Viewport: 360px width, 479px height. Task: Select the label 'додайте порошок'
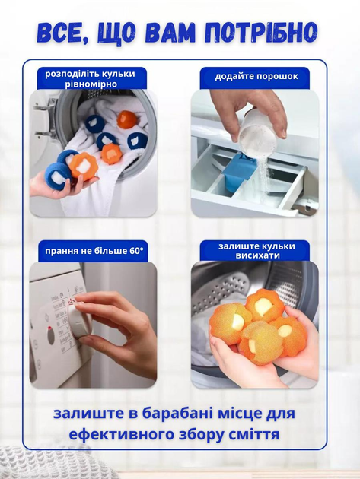pyautogui.click(x=256, y=76)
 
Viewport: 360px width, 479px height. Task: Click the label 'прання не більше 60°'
pyautogui.click(x=94, y=251)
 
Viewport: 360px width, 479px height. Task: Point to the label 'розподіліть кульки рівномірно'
pyautogui.click(x=91, y=79)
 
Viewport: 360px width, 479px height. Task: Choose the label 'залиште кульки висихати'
pyautogui.click(x=257, y=250)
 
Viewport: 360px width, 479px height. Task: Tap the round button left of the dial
pyautogui.click(x=51, y=335)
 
